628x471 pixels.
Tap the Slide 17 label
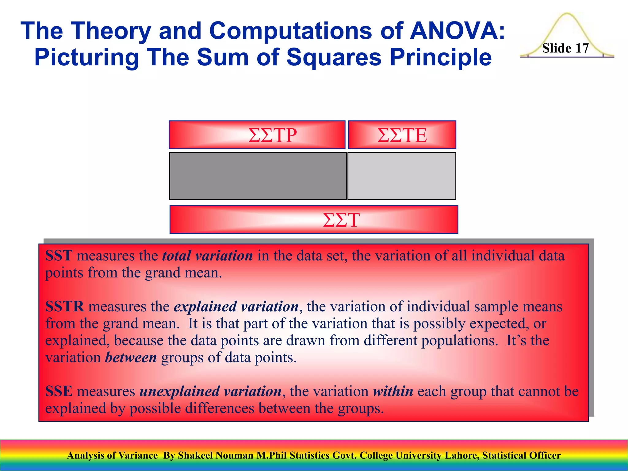pyautogui.click(x=565, y=48)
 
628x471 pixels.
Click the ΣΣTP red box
pyautogui.click(x=257, y=135)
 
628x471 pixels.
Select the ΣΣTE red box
pyautogui.click(x=402, y=135)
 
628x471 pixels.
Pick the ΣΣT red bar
pyautogui.click(x=314, y=220)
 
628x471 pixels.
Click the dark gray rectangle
pyautogui.click(x=258, y=176)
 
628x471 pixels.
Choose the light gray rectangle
pyautogui.click(x=402, y=176)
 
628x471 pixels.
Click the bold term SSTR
pyautogui.click(x=64, y=306)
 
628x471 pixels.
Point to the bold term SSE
pyautogui.click(x=59, y=391)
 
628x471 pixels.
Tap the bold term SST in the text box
pyautogui.click(x=59, y=255)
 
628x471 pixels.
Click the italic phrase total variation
pyautogui.click(x=207, y=255)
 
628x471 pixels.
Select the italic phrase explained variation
pyautogui.click(x=236, y=306)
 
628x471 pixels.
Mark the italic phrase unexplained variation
pyautogui.click(x=210, y=391)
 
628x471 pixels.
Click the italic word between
pyautogui.click(x=131, y=358)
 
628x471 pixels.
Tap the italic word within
pyautogui.click(x=393, y=391)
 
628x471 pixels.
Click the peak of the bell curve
pyautogui.click(x=567, y=13)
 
